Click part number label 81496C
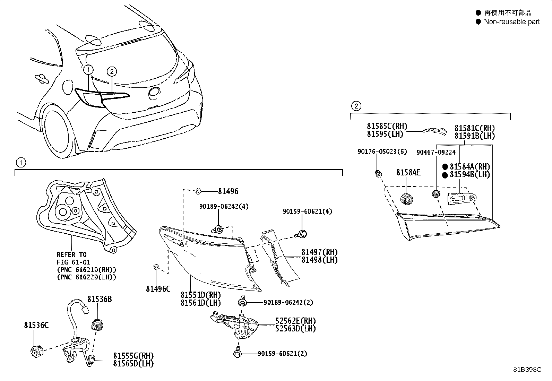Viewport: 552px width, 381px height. click(x=158, y=288)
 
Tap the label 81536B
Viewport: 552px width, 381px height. click(x=100, y=299)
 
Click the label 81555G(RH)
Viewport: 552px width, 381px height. click(x=133, y=356)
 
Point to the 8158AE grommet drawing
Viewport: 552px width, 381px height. click(x=406, y=199)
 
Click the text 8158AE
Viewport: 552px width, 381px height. click(x=408, y=172)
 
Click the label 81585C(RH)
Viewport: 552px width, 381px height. click(x=387, y=126)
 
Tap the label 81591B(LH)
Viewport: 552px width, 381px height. click(x=475, y=136)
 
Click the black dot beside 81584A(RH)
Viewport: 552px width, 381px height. click(x=445, y=167)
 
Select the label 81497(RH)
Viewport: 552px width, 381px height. click(x=319, y=252)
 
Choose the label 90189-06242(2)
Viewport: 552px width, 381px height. click(x=288, y=302)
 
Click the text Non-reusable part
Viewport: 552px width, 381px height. click(x=512, y=22)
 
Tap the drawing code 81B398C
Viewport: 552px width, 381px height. click(x=527, y=370)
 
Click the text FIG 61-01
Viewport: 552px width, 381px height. click(x=74, y=262)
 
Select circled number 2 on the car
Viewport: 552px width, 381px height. click(x=112, y=71)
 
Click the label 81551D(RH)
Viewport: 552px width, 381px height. click(x=200, y=295)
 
